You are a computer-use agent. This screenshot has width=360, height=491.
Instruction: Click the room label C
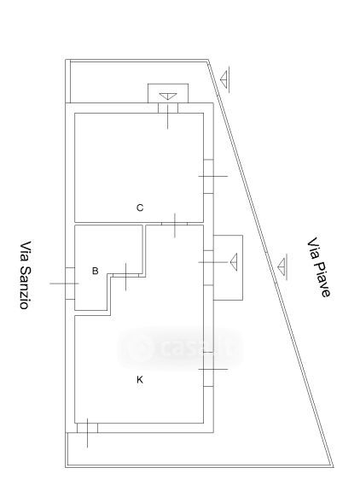point(140,208)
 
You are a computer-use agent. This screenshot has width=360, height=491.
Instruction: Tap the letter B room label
point(96,271)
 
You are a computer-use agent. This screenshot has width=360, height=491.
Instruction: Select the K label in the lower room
point(140,379)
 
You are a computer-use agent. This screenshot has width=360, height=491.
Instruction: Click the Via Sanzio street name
point(26,275)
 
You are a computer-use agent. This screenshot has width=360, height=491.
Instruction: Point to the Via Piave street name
point(318,268)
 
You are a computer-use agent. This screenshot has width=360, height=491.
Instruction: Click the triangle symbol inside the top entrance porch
point(168,96)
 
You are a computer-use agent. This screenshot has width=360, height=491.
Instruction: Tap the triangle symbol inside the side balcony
point(234,262)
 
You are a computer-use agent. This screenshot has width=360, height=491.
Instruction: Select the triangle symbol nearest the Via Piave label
point(282,266)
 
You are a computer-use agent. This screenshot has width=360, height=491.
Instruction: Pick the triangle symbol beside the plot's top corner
point(224,79)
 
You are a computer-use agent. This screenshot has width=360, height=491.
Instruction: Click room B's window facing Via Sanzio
point(70,283)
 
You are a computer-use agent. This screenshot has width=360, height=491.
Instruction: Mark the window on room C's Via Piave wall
point(208,176)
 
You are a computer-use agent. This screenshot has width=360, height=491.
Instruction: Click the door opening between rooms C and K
point(175,224)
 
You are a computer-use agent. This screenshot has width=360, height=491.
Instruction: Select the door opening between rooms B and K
point(125,275)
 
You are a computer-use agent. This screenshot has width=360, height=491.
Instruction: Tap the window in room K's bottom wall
point(87,428)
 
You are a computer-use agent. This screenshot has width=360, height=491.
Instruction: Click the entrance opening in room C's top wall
point(168,108)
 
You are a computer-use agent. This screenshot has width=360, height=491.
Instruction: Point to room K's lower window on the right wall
point(208,369)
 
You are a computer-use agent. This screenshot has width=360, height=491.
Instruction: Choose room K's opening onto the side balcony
point(208,268)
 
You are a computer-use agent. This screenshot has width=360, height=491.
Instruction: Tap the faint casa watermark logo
point(181,348)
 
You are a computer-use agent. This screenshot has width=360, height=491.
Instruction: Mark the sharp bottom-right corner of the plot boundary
point(333,467)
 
